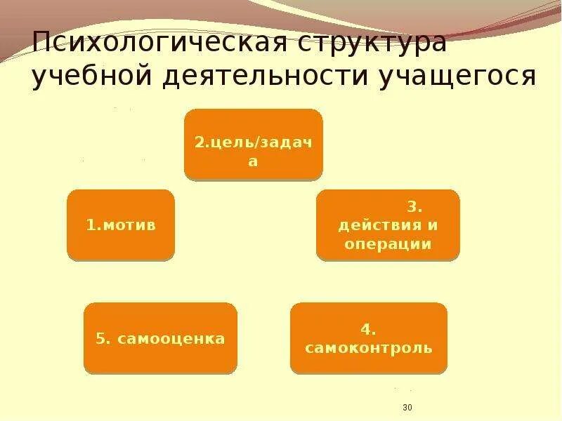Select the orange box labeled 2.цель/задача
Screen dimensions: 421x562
click(254, 143)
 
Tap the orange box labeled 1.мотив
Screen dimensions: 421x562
click(121, 225)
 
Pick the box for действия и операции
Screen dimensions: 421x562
click(388, 225)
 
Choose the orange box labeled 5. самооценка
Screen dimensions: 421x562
click(161, 338)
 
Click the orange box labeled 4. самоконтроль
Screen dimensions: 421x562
click(369, 338)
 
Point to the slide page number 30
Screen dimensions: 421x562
click(407, 408)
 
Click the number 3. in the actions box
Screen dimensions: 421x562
click(414, 208)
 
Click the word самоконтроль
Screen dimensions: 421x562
click(369, 348)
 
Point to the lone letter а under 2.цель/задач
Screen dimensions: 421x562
click(254, 161)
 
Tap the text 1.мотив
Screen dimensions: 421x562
click(121, 225)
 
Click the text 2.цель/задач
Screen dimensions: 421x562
click(254, 142)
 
